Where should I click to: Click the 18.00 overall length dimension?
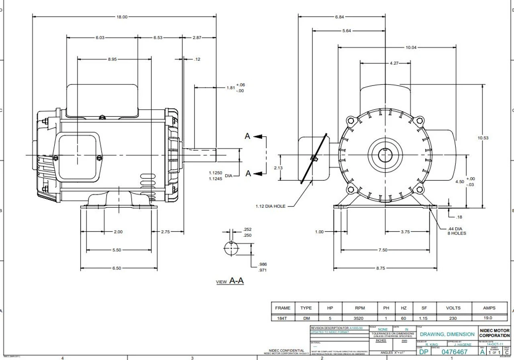point(122,17)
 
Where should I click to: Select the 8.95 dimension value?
point(112,59)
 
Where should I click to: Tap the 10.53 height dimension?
point(483,138)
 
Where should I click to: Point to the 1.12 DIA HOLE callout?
point(270,206)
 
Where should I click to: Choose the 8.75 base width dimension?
point(381,268)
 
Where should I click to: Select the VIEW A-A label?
point(230,281)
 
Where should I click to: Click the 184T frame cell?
point(282,318)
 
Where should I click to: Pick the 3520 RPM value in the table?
point(359,318)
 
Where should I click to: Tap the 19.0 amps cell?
point(489,318)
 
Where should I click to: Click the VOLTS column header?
point(453,308)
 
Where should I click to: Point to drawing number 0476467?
point(454,352)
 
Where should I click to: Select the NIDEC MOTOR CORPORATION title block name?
point(494,333)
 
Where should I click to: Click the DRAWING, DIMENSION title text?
point(447,334)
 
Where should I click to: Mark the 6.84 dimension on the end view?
point(339,17)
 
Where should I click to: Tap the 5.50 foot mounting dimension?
point(116,250)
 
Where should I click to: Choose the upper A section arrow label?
point(247,136)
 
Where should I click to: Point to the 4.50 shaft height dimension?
point(459,182)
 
